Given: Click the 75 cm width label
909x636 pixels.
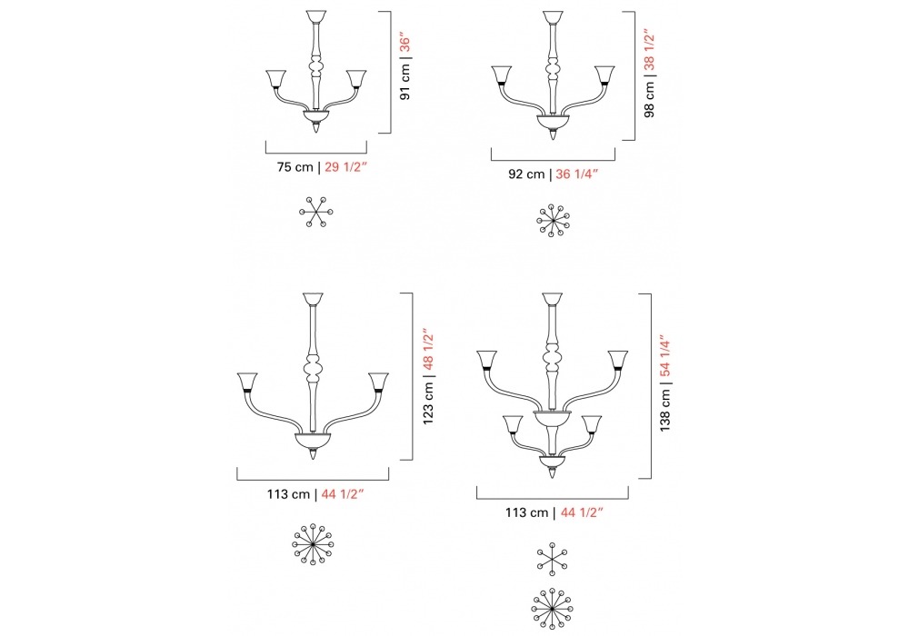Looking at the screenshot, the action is tap(295, 167).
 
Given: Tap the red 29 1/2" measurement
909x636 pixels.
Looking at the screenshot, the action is tap(345, 167).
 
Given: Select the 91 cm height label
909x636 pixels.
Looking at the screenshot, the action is tap(405, 82).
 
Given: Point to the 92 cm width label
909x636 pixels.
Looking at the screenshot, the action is tap(526, 174).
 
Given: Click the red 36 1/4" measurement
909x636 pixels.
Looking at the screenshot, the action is tap(577, 174).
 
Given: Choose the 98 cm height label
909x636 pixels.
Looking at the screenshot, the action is tap(649, 100).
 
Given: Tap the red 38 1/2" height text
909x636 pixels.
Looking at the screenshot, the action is tap(649, 50).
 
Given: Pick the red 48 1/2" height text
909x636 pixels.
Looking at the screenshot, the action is tap(428, 349).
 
